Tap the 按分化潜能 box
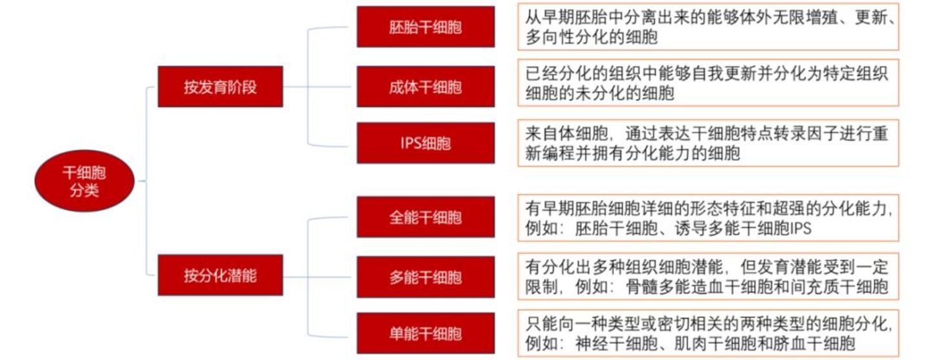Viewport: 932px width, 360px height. point(220,275)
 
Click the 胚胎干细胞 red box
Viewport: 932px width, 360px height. point(425,27)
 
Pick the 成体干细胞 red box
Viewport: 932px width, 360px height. point(425,86)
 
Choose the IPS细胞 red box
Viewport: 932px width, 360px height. point(425,142)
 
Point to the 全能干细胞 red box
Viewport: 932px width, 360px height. point(425,218)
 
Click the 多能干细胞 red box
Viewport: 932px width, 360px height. point(425,276)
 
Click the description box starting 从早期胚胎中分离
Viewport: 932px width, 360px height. point(708,27)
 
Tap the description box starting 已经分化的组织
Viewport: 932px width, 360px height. point(708,84)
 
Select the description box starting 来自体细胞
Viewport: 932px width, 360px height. point(708,143)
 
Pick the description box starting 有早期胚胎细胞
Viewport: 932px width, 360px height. point(708,218)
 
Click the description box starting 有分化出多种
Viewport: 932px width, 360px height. point(708,276)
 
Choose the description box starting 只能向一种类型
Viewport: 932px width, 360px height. point(708,333)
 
